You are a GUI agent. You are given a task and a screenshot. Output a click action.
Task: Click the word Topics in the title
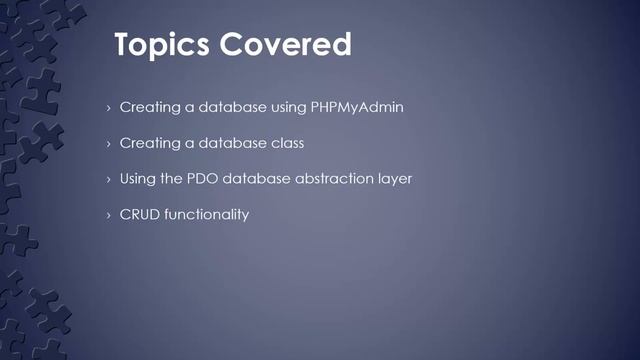[160, 46]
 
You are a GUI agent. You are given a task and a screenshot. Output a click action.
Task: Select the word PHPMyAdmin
[356, 107]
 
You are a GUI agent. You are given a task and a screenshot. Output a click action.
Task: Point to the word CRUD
[140, 215]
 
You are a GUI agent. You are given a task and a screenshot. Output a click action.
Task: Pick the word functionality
[206, 215]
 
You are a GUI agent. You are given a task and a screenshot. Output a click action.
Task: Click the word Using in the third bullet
[138, 179]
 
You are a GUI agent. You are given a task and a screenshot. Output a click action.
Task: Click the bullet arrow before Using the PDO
[108, 180]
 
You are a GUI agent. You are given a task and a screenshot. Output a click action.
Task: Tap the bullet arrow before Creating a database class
[108, 144]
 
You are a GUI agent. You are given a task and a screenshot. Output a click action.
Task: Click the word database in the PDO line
[261, 179]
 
